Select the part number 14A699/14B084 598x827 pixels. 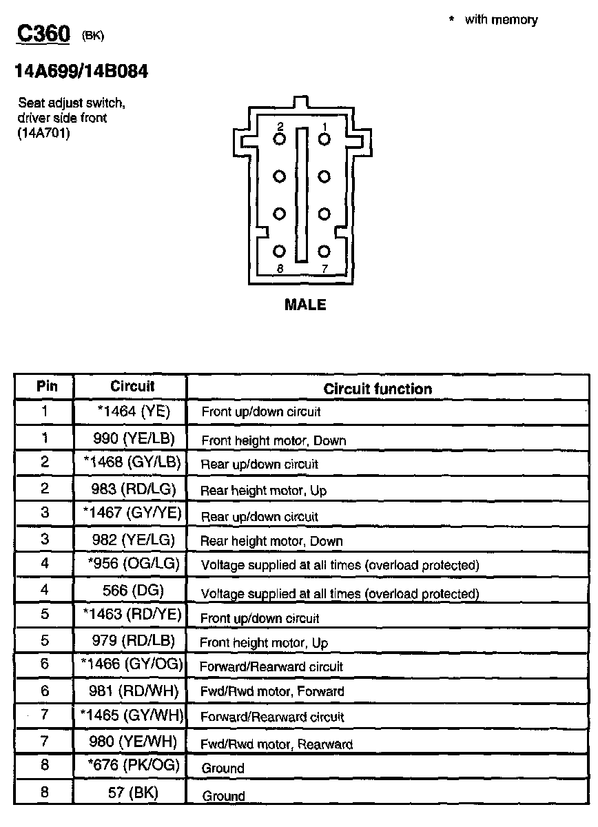(x=81, y=71)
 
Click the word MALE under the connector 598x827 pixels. (x=305, y=305)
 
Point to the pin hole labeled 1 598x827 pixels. (x=324, y=139)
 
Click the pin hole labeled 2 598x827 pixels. (x=279, y=139)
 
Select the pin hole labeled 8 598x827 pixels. (x=279, y=252)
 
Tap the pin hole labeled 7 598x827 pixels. (x=324, y=252)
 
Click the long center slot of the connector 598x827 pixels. (x=301, y=194)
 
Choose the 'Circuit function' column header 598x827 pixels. (x=378, y=389)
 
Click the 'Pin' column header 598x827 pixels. (x=46, y=387)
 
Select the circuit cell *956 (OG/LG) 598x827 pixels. (x=134, y=564)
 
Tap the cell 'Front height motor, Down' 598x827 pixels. (x=273, y=440)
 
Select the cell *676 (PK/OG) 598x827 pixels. (x=134, y=765)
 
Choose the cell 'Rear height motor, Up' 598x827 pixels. (x=263, y=491)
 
